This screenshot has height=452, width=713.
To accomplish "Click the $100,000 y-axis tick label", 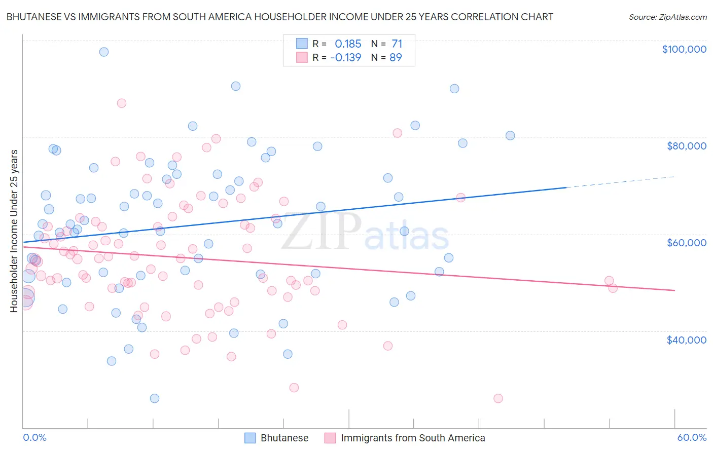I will (x=684, y=49).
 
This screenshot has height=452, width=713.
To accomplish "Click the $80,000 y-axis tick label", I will (x=686, y=146).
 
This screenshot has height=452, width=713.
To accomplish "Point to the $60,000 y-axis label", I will (x=686, y=243).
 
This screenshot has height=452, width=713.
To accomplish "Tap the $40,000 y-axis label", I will (x=686, y=340).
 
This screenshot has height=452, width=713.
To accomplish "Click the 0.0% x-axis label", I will (x=34, y=437).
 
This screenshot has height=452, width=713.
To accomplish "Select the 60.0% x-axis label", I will (x=691, y=437).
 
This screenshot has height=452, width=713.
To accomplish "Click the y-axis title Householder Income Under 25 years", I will (x=14, y=231).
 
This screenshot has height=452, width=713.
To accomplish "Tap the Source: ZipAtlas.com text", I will (x=667, y=17).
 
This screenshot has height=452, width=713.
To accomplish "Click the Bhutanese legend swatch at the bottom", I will (x=250, y=438).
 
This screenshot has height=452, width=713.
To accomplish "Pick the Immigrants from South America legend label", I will (x=413, y=438).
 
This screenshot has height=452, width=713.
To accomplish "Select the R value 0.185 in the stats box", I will (x=348, y=44).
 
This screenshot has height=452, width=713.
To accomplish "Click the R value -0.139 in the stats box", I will (x=345, y=57).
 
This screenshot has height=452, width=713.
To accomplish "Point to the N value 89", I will (x=396, y=57).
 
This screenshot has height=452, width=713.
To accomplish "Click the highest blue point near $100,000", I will (x=104, y=52).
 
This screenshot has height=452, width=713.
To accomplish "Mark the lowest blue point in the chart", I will (x=155, y=398).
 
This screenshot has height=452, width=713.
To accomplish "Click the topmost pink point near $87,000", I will (x=122, y=103).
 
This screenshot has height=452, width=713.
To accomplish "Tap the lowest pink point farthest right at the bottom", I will (x=498, y=398).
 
